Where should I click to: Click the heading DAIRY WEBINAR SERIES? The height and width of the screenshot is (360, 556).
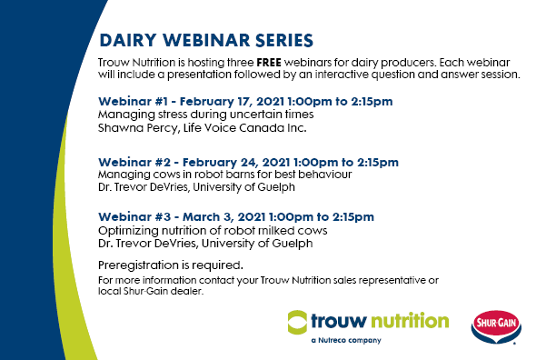tap(206, 41)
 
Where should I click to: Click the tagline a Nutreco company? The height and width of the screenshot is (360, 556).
tap(346, 341)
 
